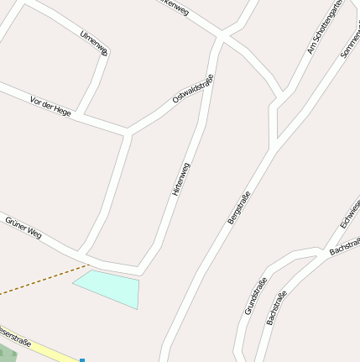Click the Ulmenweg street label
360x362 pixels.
click(x=95, y=43)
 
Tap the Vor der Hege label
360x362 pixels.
click(x=50, y=106)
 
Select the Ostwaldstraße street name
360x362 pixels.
click(x=193, y=88)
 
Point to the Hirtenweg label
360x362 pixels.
click(x=180, y=178)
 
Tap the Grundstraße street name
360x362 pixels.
click(x=255, y=296)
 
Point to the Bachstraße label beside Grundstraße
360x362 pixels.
click(x=276, y=307)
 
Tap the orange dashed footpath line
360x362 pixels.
click(x=42, y=281)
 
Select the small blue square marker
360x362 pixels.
click(x=82, y=359)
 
